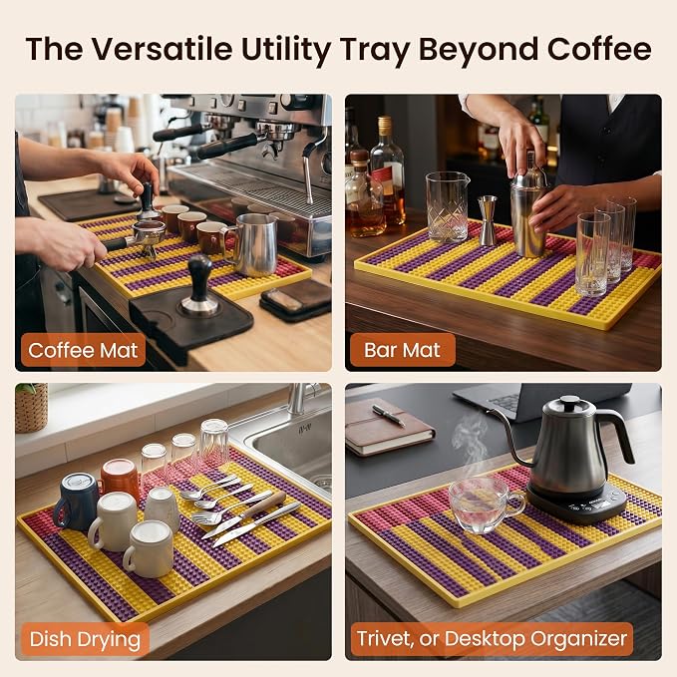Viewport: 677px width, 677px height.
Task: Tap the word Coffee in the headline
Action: (x=599, y=49)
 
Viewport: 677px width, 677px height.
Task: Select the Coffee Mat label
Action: (x=83, y=350)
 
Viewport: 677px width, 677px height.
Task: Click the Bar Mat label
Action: (x=403, y=350)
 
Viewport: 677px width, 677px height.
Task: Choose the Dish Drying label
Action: (x=85, y=639)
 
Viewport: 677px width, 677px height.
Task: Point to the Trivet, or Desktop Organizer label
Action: (x=492, y=638)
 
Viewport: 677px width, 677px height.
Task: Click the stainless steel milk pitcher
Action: (x=253, y=244)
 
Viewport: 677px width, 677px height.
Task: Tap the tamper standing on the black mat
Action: (x=199, y=285)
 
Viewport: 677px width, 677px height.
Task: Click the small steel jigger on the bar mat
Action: (x=488, y=220)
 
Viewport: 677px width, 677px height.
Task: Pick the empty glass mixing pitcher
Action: (x=447, y=206)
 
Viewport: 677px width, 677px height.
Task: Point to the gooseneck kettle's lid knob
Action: (x=570, y=400)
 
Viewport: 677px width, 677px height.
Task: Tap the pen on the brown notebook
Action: (x=389, y=416)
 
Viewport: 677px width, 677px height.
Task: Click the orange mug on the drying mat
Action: (x=120, y=481)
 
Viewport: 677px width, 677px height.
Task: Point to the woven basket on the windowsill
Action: (x=31, y=408)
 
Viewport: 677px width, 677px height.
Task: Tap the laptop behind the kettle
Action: (x=539, y=400)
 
